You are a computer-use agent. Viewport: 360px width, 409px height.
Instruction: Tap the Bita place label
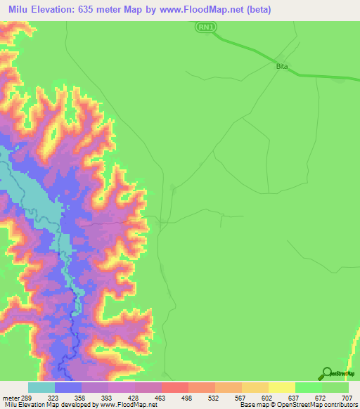pos(282,65)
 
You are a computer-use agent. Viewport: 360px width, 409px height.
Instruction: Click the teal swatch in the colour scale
pos(41,387)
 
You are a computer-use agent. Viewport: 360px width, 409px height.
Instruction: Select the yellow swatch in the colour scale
pos(281,387)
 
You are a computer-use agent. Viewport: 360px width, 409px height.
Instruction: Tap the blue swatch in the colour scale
pos(68,387)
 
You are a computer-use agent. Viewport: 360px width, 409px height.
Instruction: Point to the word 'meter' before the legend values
pos(10,397)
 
